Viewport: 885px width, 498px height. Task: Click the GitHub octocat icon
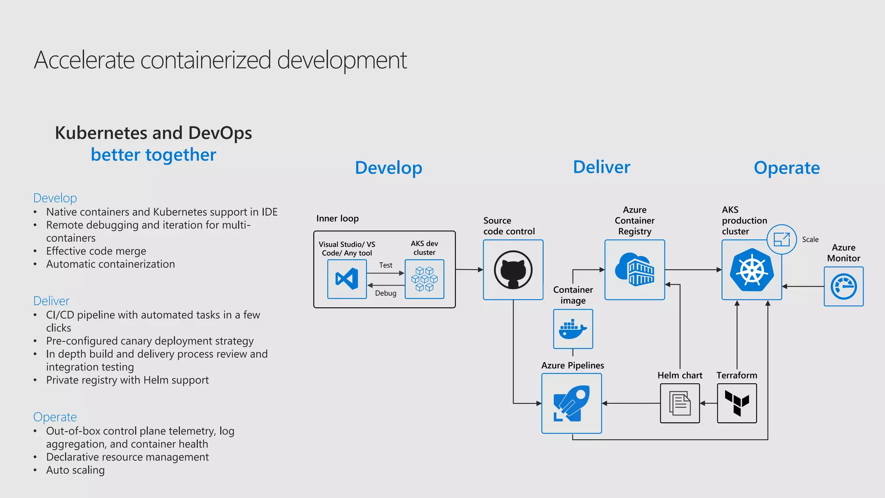[513, 270]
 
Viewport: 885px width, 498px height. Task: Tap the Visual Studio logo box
[347, 279]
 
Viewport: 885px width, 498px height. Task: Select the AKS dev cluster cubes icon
[424, 279]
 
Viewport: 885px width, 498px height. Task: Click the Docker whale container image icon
[573, 329]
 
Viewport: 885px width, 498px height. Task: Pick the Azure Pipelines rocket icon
[571, 403]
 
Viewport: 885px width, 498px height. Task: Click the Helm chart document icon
[680, 403]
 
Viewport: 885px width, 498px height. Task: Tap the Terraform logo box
[737, 403]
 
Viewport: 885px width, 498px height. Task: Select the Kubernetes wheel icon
[752, 270]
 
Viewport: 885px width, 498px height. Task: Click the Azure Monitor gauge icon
[844, 286]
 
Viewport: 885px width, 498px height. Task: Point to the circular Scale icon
[782, 239]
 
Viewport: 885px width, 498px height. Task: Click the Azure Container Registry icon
[634, 270]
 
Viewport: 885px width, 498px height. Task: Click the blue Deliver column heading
[602, 167]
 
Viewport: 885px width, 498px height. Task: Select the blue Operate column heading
[786, 168]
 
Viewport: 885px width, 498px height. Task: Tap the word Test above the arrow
[385, 265]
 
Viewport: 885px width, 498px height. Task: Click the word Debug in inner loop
[385, 293]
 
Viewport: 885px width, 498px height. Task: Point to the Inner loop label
[337, 218]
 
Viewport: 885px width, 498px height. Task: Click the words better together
[153, 155]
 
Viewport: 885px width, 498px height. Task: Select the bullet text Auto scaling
[75, 470]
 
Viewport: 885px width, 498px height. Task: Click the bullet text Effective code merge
[96, 251]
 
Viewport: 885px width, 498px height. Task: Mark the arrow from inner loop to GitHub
[469, 270]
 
